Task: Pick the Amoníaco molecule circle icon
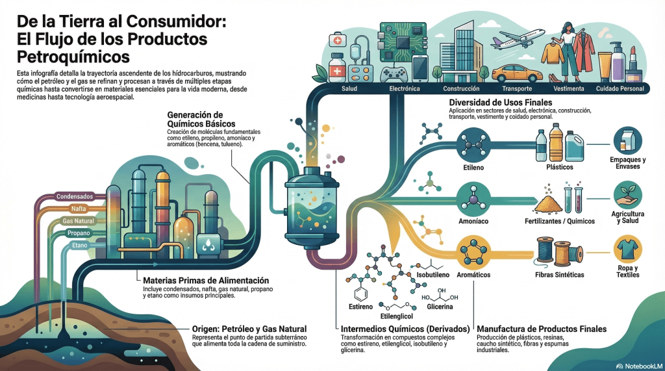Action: [x=473, y=198]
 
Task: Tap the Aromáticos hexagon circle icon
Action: [x=473, y=251]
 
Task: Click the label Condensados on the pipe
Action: [x=75, y=196]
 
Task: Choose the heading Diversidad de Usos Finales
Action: [x=500, y=103]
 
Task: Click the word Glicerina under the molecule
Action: [x=440, y=306]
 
